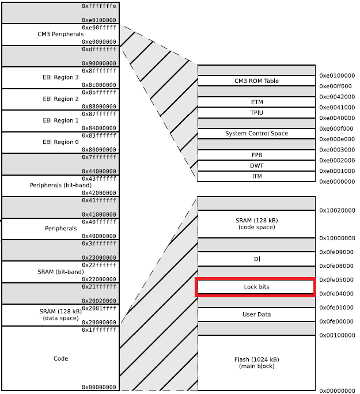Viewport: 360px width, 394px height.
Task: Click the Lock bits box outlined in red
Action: [x=256, y=287]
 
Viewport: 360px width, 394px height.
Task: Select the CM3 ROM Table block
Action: [x=256, y=81]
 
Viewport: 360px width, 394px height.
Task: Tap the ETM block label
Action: [x=256, y=102]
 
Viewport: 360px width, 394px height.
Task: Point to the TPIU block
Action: [x=256, y=112]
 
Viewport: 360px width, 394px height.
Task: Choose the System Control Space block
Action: [x=256, y=134]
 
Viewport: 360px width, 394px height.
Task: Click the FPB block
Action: [x=256, y=155]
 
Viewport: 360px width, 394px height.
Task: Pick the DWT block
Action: [x=256, y=165]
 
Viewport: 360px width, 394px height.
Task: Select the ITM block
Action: [x=256, y=176]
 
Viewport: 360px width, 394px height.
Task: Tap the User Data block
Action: [x=256, y=315]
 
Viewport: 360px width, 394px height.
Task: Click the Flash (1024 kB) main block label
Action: [x=256, y=363]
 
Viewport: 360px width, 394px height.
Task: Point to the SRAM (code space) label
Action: [x=256, y=223]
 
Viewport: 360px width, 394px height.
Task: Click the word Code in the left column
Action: [x=61, y=358]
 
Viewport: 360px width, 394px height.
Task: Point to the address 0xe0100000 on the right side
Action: [x=337, y=75]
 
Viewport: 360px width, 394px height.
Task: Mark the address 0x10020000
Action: [x=337, y=210]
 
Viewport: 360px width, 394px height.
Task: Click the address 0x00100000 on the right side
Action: [x=337, y=335]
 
